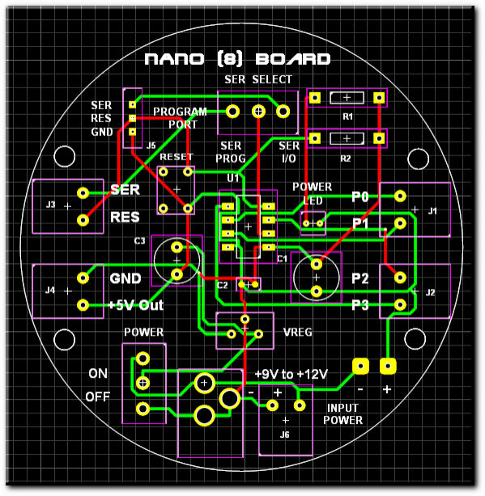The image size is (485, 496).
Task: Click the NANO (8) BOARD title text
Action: pos(237,59)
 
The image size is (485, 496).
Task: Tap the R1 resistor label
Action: pos(347,117)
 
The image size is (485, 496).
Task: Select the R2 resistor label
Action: pos(346,158)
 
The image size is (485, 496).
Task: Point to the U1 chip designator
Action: pos(233,178)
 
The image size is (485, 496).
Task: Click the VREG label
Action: pos(298,332)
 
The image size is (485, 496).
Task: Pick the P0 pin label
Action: pos(360,197)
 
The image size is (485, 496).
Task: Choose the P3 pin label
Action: pos(360,305)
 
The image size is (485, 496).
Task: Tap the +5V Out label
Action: pos(135,305)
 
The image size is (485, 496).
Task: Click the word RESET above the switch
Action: pos(177,157)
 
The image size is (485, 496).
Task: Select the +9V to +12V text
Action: pos(291,374)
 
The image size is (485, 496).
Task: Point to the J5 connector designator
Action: pos(151,146)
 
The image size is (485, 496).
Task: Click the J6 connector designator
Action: pos(285,435)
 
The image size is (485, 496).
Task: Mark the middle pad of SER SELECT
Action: pos(258,112)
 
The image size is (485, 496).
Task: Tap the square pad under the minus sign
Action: pos(360,367)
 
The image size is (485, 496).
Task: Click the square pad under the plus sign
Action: pos(388,367)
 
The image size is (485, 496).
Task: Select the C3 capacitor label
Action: pos(139,241)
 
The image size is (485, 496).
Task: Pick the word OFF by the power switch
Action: pos(97,396)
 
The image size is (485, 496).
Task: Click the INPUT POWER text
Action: pos(342,413)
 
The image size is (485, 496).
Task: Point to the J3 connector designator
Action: pos(51,205)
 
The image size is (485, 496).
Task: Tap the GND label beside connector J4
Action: pos(126,278)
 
